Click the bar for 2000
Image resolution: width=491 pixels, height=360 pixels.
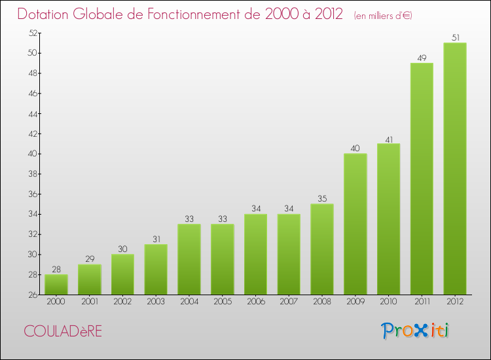coord(56,285)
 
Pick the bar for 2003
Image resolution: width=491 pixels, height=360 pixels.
coord(156,270)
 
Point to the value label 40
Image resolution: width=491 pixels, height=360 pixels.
coord(355,149)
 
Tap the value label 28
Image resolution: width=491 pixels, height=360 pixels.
coord(56,270)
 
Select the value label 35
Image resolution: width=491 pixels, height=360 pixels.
coord(322,199)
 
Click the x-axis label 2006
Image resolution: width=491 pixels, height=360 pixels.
coord(255,302)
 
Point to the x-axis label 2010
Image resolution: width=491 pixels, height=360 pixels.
coord(388,302)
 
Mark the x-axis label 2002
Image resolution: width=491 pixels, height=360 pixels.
coord(122,302)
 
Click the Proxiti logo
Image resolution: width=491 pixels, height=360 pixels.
coord(416,331)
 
